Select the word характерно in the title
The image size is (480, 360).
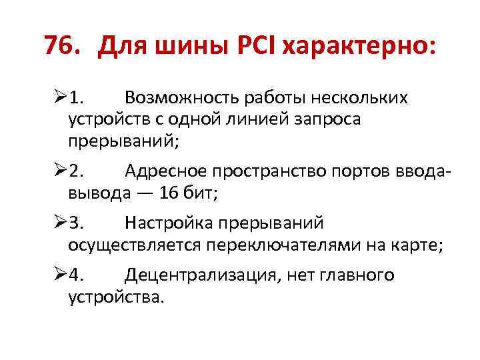click(x=357, y=46)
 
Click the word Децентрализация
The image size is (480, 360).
click(x=201, y=275)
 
